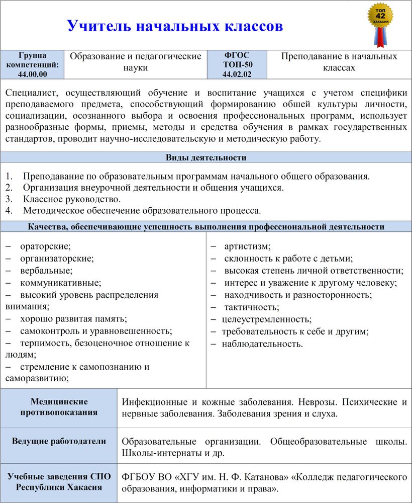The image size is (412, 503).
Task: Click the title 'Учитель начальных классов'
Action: coord(175,26)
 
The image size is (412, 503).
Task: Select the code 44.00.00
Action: coord(32,74)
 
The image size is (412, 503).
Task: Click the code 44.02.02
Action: coord(237,74)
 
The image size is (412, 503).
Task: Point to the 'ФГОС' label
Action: coord(237,55)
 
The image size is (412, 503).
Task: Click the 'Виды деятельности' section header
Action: coord(206,158)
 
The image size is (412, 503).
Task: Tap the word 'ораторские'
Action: coord(45,246)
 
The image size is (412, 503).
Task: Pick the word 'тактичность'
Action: coord(251,307)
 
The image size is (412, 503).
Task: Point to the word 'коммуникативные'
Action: coord(60,283)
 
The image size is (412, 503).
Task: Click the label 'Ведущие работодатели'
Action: coord(59,442)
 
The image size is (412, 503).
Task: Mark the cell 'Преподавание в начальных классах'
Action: coord(339,62)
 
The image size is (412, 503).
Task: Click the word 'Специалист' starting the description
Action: coord(30,93)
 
